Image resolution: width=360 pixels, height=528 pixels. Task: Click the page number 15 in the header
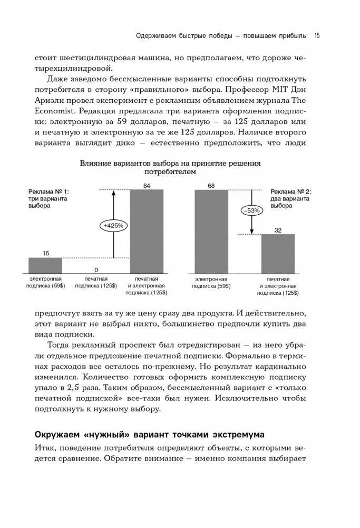coord(317,36)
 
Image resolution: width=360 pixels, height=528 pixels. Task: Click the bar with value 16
coord(45,264)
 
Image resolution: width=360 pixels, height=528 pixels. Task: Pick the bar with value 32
coord(278,252)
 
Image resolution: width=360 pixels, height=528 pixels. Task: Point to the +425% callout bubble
coord(113,225)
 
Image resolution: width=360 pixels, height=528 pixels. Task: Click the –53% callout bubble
coord(252,210)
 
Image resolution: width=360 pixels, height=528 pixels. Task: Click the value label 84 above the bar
coord(147,185)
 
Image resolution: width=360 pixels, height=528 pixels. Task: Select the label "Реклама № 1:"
coord(49,192)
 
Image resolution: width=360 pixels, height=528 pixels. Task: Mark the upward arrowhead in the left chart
coord(113,193)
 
